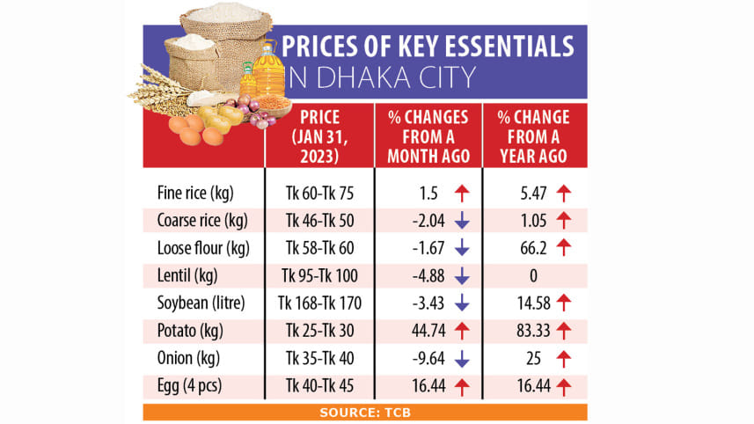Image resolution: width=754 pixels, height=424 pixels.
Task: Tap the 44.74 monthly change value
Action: [420, 331]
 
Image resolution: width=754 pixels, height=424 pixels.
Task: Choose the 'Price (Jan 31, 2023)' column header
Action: [319, 137]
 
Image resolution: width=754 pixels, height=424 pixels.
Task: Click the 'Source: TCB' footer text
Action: [364, 412]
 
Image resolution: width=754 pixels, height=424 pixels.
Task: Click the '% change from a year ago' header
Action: [532, 137]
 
